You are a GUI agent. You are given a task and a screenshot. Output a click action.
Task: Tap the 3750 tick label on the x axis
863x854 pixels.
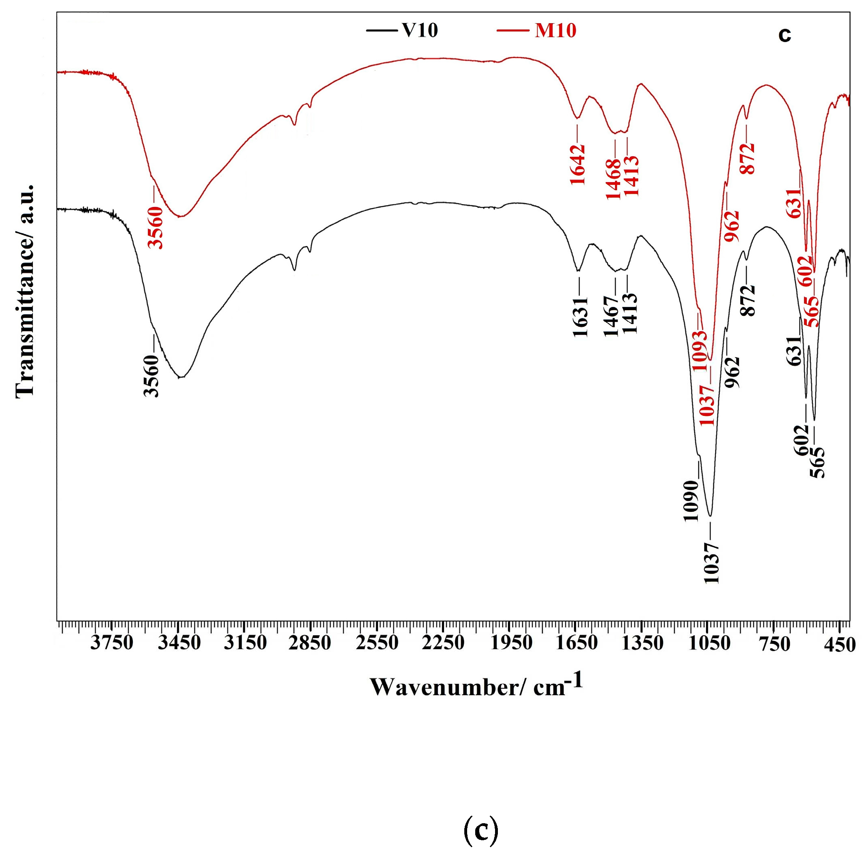(111, 643)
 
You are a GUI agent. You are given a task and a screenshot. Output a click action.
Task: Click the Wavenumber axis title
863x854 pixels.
(476, 686)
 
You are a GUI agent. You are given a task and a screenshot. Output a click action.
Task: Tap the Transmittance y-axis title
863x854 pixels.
(24, 290)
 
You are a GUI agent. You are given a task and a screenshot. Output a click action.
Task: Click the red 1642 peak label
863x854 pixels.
(578, 164)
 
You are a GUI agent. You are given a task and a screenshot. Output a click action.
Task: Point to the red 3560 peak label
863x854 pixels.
(156, 228)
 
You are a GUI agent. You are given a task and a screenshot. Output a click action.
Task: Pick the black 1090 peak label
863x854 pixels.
(691, 501)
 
